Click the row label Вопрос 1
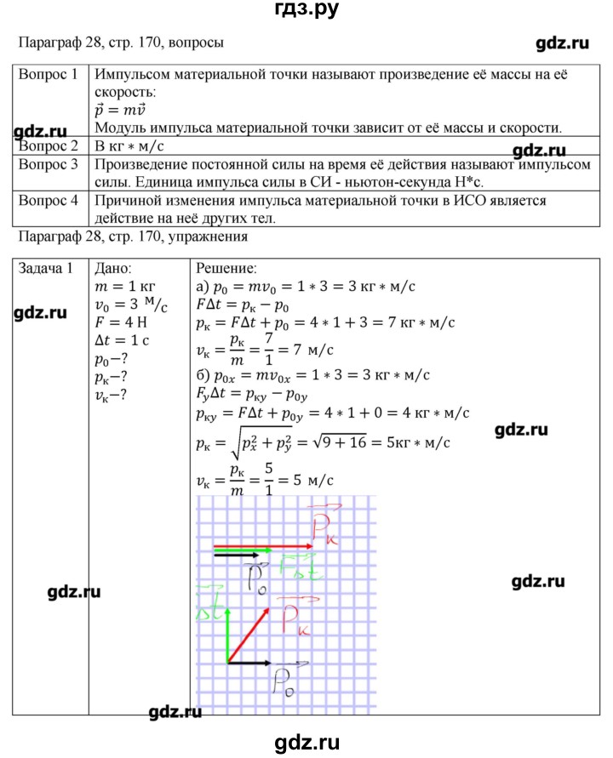pos(48,74)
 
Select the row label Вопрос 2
pos(48,145)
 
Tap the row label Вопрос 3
pos(48,164)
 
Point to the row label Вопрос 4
pos(48,201)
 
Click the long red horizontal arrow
pos(261,546)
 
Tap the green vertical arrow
pos(226,625)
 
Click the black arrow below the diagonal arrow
pos(248,663)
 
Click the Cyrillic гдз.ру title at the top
pos(306,12)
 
